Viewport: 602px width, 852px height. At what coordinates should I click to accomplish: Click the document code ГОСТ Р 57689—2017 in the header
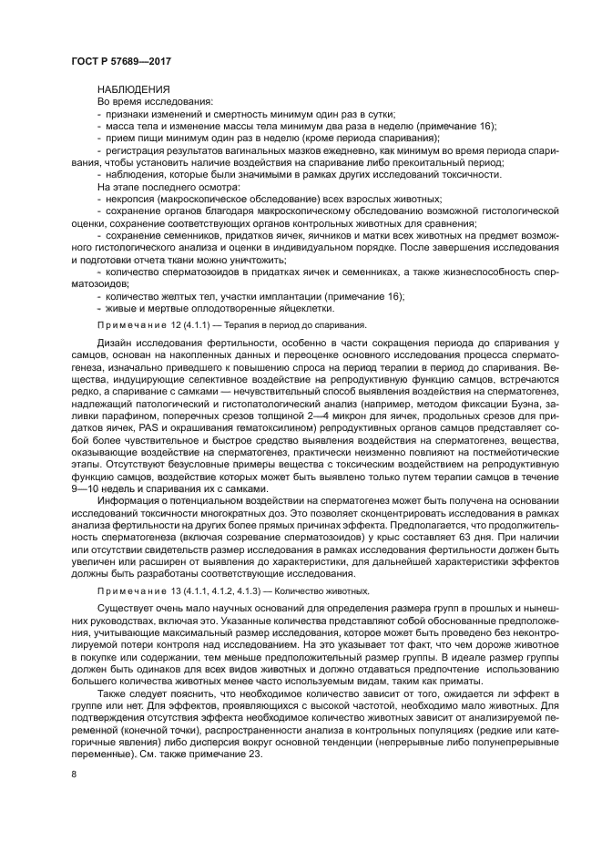(121, 60)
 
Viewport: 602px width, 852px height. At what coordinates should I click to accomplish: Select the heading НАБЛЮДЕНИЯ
(133, 89)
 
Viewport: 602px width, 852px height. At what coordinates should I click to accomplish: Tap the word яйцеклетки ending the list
(289, 307)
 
